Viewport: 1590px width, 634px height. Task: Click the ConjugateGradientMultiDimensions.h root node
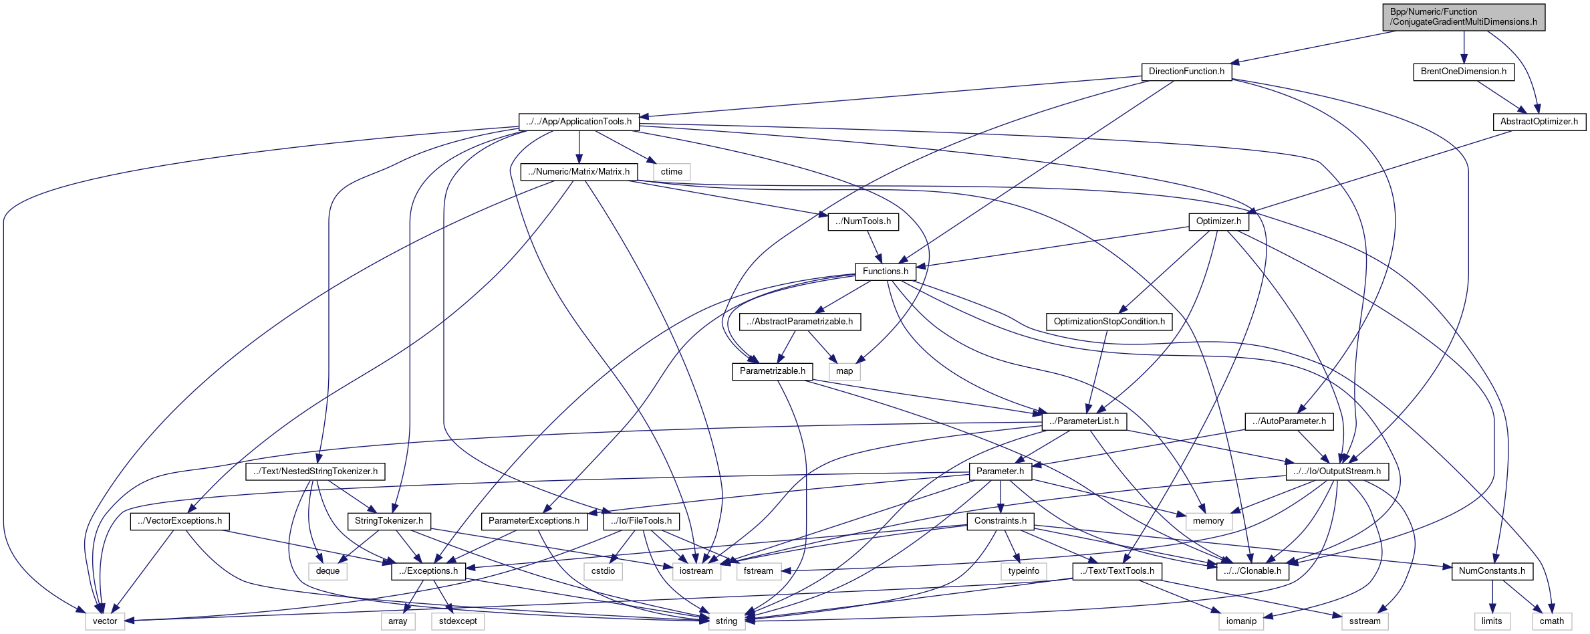click(x=1464, y=17)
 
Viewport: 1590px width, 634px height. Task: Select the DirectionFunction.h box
click(x=1186, y=72)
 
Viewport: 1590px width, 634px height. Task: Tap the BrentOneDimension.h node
click(x=1463, y=72)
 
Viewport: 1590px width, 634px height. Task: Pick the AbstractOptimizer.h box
click(x=1539, y=122)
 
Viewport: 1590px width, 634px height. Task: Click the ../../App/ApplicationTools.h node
click(x=578, y=122)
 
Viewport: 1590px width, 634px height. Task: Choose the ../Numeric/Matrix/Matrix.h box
click(x=578, y=172)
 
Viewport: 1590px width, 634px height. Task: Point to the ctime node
click(x=671, y=172)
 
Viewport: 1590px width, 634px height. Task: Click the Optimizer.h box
click(x=1218, y=221)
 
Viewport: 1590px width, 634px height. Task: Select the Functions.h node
click(x=885, y=272)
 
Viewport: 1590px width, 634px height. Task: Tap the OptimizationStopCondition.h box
click(x=1109, y=322)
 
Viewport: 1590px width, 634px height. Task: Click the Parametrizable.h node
click(x=772, y=371)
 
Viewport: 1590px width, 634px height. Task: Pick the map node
click(x=844, y=371)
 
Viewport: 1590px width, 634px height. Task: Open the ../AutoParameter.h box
click(x=1289, y=421)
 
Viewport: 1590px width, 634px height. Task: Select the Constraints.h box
click(x=1000, y=521)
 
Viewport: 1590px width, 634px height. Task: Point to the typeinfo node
click(x=1023, y=571)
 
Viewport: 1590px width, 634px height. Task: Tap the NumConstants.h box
click(x=1492, y=571)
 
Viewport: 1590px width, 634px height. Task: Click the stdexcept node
click(x=458, y=621)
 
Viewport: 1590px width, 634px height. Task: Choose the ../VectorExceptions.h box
click(x=180, y=521)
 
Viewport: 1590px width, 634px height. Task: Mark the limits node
click(x=1491, y=621)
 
